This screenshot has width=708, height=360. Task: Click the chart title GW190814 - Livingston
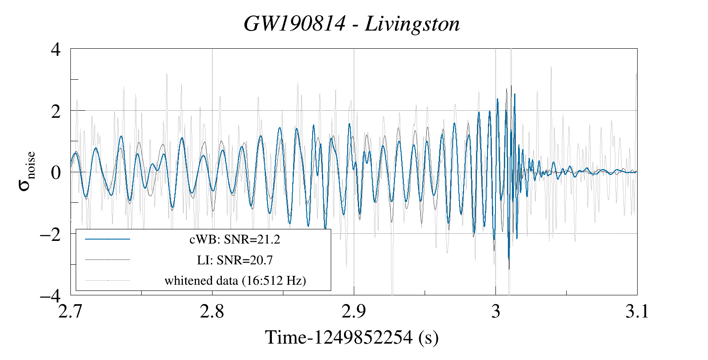click(352, 24)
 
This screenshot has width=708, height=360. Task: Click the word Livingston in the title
click(412, 24)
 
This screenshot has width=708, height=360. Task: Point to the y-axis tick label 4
click(55, 49)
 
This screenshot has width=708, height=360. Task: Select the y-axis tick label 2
click(55, 111)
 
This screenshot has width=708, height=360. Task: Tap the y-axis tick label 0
click(55, 172)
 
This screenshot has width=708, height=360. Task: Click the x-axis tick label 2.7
click(71, 312)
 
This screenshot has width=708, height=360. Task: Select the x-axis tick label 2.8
click(212, 312)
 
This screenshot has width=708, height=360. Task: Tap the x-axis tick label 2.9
click(354, 312)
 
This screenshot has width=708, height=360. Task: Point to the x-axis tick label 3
click(495, 312)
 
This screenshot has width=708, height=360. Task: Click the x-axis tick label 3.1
click(637, 312)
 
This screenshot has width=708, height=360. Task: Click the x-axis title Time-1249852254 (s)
click(352, 338)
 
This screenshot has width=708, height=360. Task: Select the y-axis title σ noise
click(27, 172)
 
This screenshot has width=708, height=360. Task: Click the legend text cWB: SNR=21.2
click(235, 240)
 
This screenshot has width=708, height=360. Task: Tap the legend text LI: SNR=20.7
click(235, 260)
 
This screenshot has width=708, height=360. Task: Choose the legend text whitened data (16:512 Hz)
click(235, 280)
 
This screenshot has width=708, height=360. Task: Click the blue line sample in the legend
click(108, 239)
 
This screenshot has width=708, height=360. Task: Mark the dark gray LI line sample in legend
click(108, 259)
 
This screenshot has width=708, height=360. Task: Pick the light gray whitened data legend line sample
click(108, 280)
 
